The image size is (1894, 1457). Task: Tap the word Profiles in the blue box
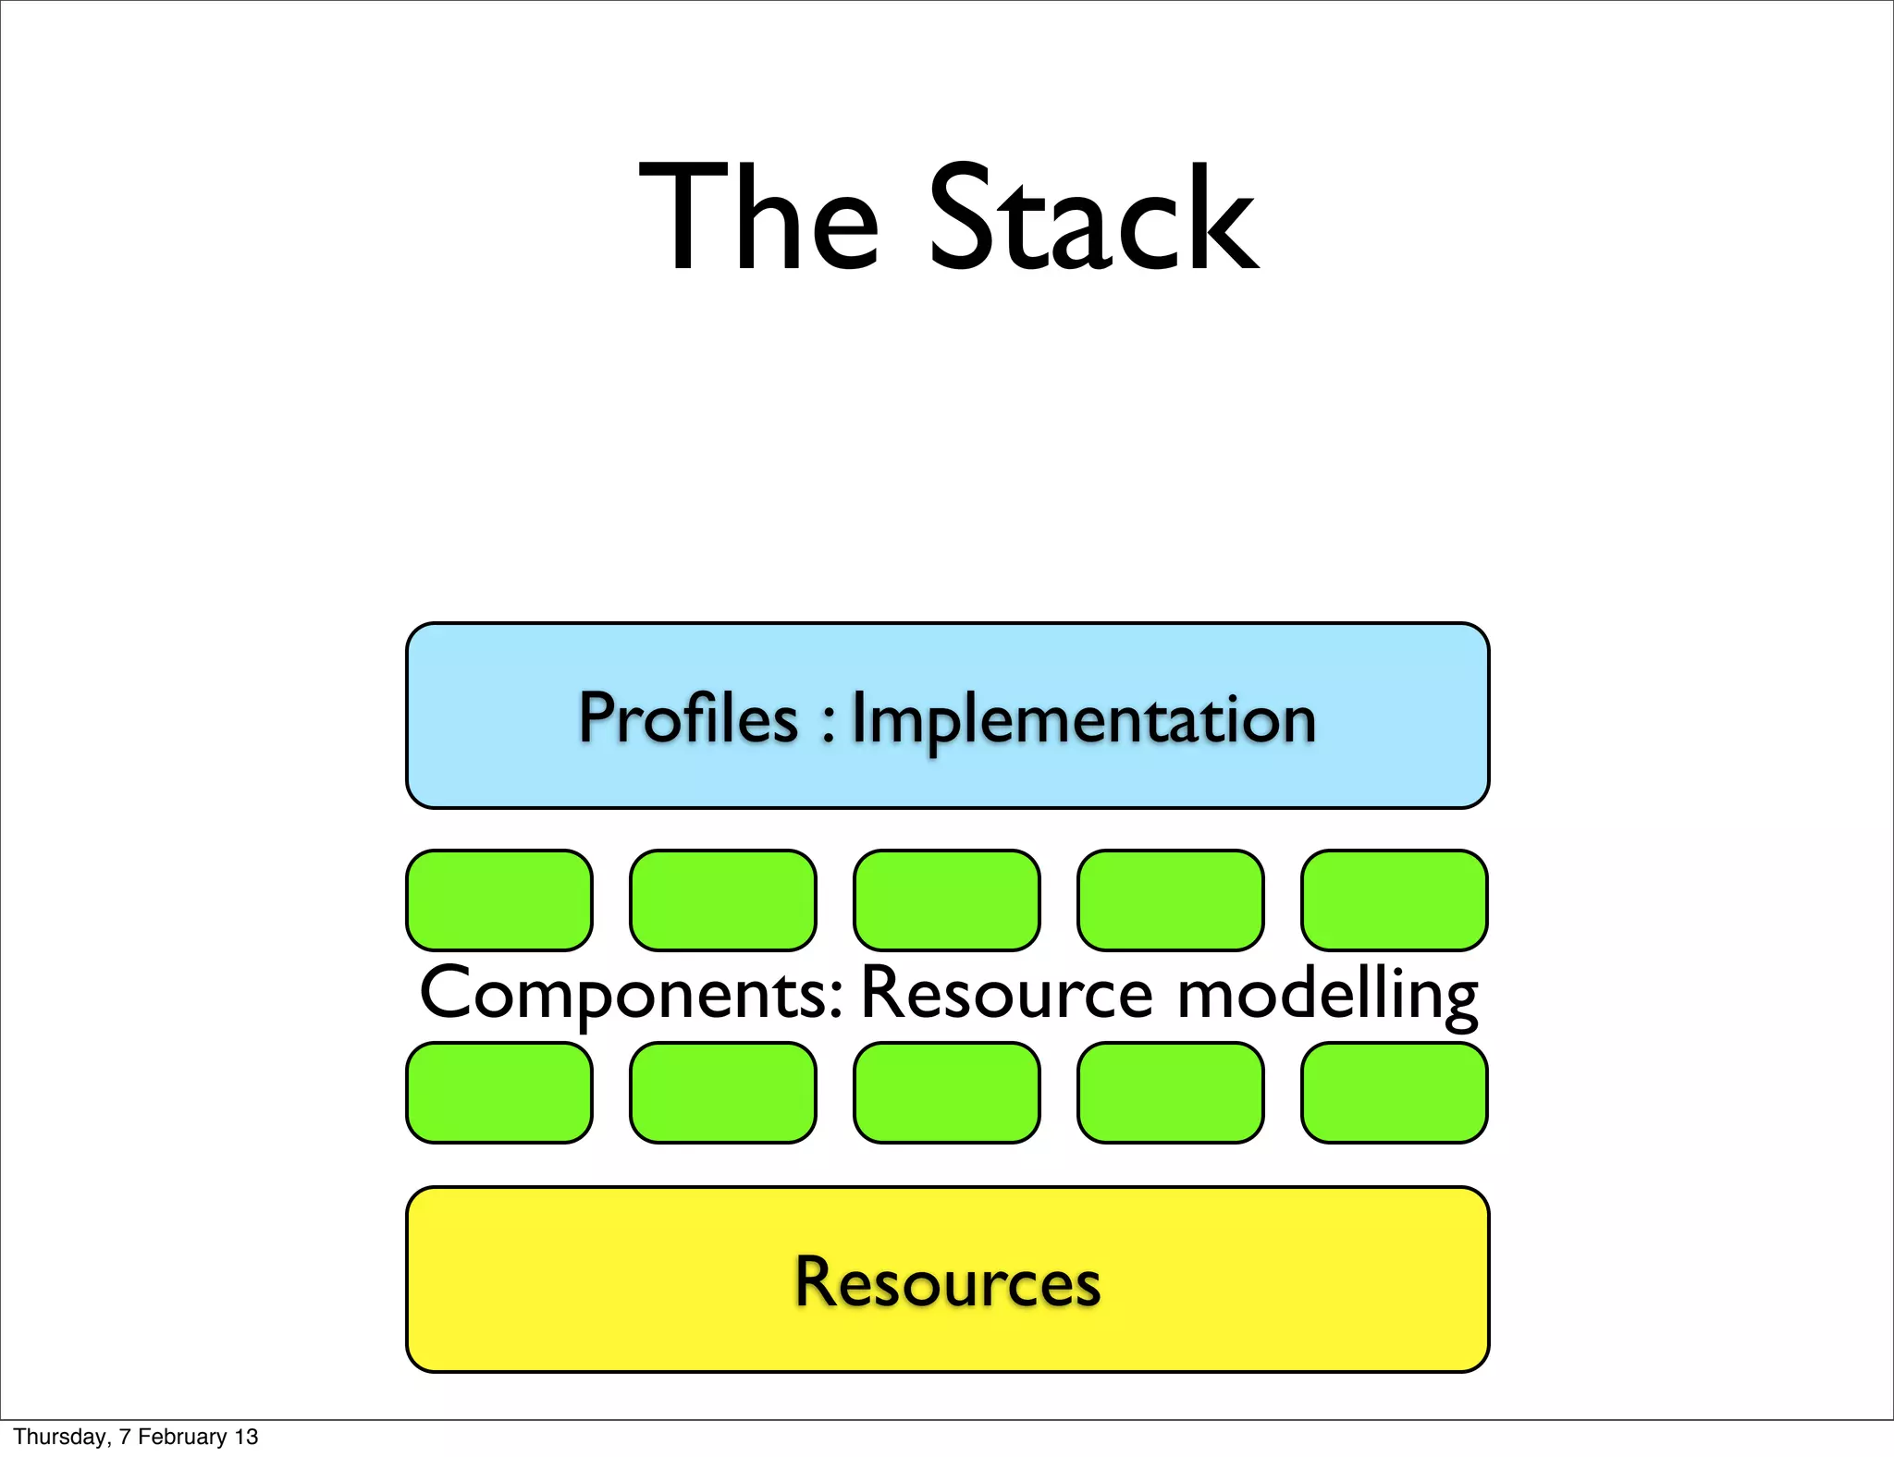(688, 718)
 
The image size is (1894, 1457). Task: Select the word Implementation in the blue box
(1083, 720)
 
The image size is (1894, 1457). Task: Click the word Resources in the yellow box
(948, 1282)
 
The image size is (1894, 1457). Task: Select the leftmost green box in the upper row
(499, 900)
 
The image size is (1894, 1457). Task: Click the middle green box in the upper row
(947, 900)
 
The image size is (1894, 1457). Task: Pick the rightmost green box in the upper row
(1395, 900)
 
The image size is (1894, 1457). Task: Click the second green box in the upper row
(723, 900)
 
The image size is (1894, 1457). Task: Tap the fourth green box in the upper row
(1171, 900)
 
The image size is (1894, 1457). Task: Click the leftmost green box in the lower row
(499, 1093)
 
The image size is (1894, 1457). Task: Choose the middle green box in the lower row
(947, 1093)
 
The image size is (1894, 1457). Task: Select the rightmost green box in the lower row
(1395, 1093)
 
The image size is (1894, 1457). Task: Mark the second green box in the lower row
(723, 1093)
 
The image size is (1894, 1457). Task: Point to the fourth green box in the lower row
(1171, 1093)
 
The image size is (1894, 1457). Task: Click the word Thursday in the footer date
(61, 1437)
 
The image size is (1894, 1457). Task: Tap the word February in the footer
(182, 1437)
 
